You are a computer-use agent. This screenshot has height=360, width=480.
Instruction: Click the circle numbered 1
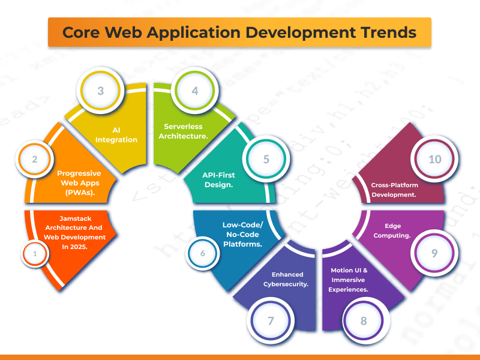coord(35,254)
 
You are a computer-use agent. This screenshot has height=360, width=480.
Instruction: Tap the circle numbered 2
coord(35,160)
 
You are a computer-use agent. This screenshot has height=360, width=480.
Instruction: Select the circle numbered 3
coord(101,91)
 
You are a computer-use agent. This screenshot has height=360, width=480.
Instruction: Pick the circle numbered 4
coord(194,91)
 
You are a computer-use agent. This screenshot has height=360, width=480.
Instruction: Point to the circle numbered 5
coord(266,160)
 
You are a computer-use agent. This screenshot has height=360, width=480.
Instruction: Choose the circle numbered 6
coord(203,254)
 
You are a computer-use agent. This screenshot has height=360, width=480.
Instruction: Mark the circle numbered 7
coord(271,320)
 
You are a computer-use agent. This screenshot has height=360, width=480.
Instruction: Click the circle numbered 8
coord(364,320)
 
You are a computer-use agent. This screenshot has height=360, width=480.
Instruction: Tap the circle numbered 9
coord(434,253)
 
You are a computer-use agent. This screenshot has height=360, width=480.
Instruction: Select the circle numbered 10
coord(434,160)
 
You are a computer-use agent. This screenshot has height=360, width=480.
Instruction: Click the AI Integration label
coord(125,135)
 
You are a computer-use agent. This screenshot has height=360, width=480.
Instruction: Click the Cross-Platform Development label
coord(394,190)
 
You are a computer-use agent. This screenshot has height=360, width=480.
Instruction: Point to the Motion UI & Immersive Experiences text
coord(349,280)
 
